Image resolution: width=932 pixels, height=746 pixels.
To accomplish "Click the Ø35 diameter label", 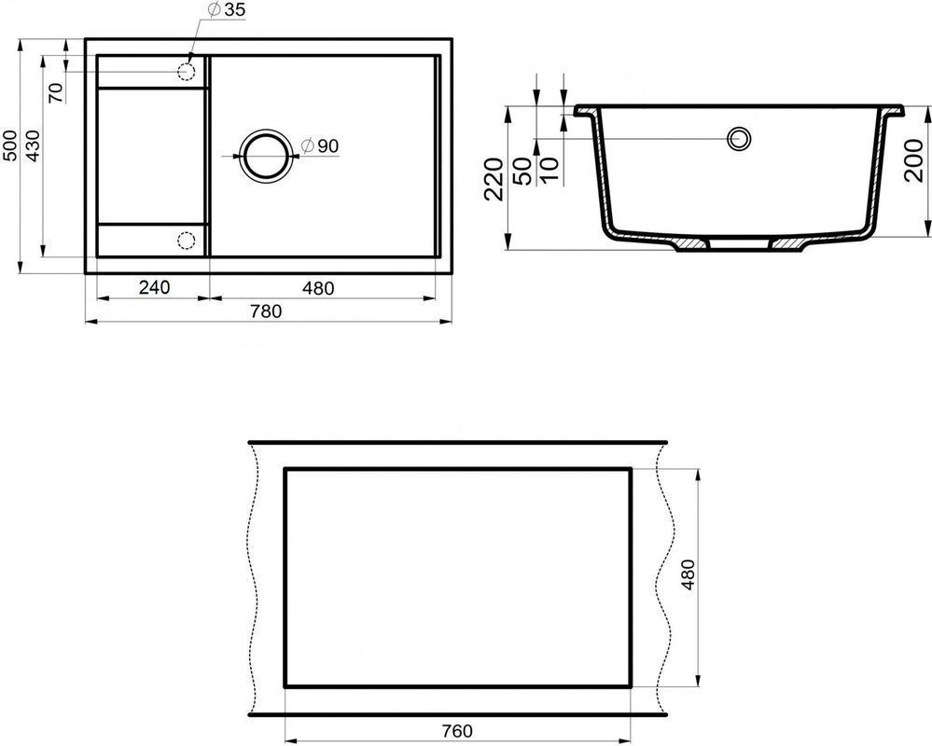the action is click(x=227, y=10).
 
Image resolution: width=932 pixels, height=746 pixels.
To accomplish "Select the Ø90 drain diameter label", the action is click(x=319, y=145).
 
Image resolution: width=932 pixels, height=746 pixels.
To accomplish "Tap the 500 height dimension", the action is click(x=9, y=146).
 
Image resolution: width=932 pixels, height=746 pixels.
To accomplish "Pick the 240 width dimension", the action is click(x=155, y=287).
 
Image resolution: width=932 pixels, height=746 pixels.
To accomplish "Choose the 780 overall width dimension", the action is click(x=266, y=311).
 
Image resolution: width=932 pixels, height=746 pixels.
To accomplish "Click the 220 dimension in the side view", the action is click(x=494, y=179).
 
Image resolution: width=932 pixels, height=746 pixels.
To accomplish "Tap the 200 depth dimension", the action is click(x=913, y=160).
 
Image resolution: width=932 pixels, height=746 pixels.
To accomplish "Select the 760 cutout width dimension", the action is click(x=458, y=730).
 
